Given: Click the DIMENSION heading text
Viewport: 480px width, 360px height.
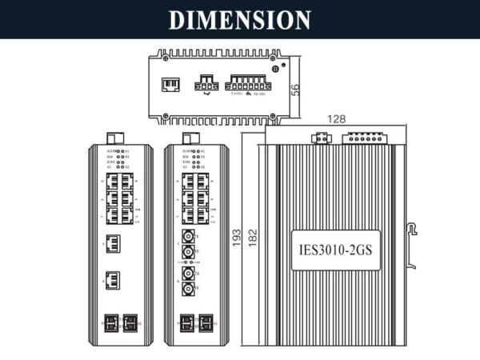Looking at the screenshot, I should [x=240, y=19].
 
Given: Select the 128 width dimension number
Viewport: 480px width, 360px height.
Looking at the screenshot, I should [x=336, y=118].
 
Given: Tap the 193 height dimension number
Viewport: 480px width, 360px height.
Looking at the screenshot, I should [x=237, y=237].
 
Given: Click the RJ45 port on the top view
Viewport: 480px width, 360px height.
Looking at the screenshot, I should [x=170, y=84].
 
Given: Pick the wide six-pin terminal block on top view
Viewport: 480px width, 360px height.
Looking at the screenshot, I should [x=247, y=82].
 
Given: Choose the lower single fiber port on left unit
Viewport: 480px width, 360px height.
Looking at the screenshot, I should [x=113, y=280].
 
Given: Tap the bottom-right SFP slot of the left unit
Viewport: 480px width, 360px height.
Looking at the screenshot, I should [x=128, y=322].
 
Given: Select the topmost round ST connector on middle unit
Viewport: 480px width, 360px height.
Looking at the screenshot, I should [x=189, y=237].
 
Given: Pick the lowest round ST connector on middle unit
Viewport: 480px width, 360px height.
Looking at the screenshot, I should [x=189, y=290].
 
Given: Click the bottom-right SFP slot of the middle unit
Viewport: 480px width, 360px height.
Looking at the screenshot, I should [x=206, y=322].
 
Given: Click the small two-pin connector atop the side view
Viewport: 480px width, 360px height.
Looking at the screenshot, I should [x=320, y=138].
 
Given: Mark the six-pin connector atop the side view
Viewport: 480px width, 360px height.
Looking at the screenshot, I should [x=365, y=138].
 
